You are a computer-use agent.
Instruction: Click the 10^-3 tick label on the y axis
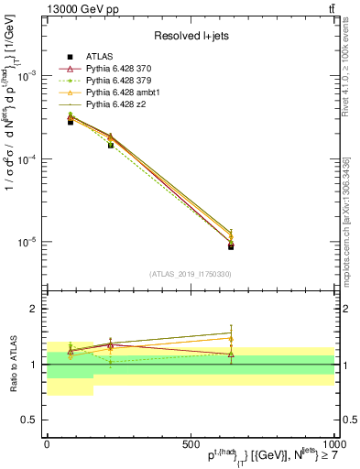[28, 76]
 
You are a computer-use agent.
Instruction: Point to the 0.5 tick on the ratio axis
[33, 420]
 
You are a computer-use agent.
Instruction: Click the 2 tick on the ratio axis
[37, 310]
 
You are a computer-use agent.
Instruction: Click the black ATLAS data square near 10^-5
[231, 246]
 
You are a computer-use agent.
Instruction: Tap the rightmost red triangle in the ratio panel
[231, 354]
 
